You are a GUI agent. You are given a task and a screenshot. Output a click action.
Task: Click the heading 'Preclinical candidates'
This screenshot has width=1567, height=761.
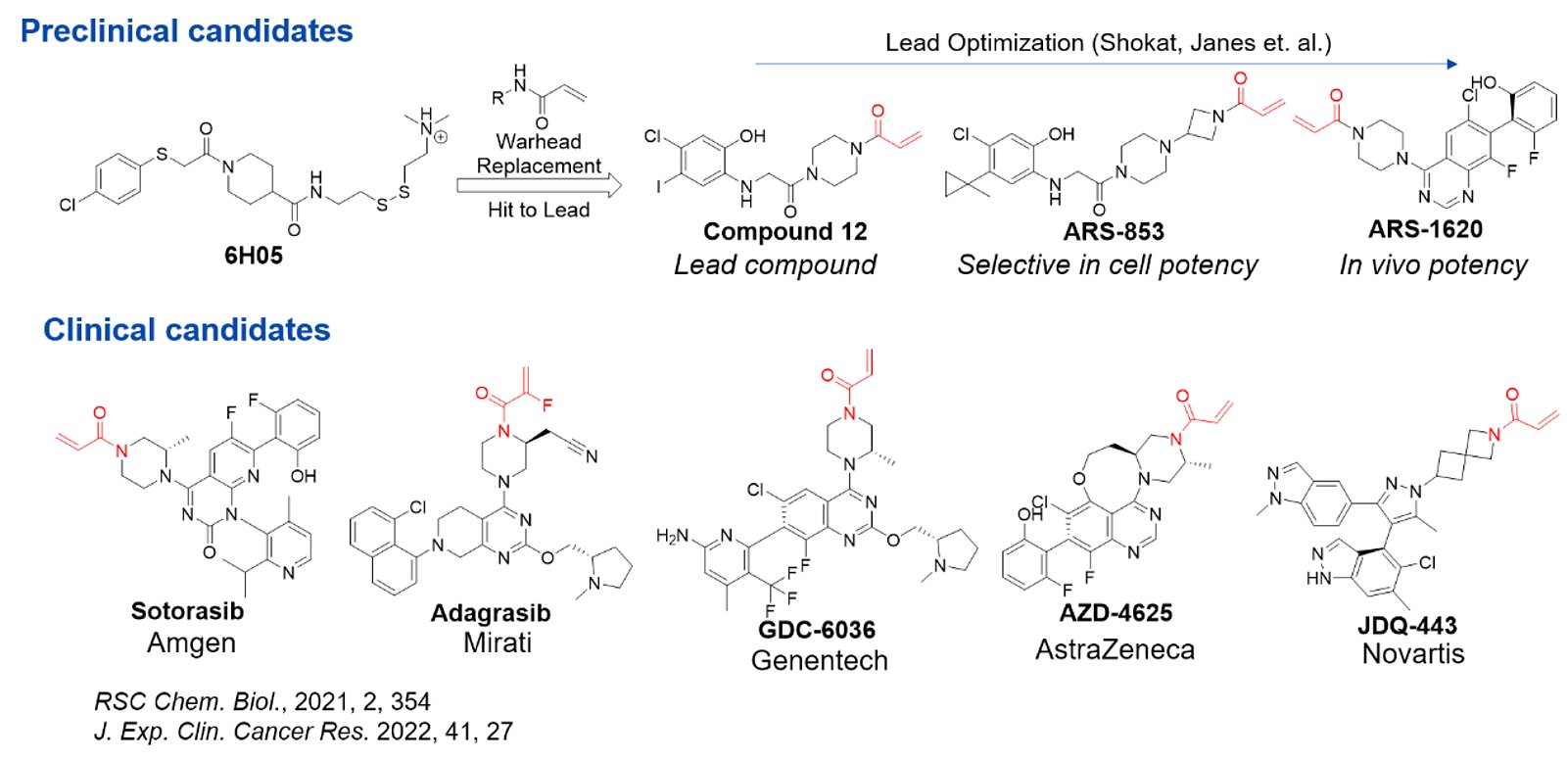[186, 31]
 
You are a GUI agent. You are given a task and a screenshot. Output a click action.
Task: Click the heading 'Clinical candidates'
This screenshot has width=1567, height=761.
[186, 330]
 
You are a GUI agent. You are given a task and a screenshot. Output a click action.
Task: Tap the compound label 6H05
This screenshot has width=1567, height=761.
[253, 256]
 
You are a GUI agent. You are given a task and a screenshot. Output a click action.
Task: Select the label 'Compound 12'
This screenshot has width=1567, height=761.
[784, 232]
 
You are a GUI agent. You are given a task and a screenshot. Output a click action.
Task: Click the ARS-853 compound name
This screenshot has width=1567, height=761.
[1114, 232]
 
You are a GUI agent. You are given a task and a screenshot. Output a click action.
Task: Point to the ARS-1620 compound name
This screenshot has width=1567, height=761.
[1425, 229]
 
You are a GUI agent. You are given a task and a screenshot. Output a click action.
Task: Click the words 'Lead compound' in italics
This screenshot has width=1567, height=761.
[775, 265]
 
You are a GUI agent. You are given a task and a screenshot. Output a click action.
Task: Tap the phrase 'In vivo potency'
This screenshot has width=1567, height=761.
[1433, 265]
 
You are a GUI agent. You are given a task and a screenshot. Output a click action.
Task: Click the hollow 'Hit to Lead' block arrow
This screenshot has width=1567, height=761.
[539, 186]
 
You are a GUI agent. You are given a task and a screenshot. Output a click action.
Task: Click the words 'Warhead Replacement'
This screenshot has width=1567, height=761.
[539, 154]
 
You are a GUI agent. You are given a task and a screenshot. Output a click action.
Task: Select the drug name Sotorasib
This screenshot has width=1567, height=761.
[187, 611]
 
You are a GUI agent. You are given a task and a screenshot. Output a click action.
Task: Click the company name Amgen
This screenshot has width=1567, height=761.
[191, 643]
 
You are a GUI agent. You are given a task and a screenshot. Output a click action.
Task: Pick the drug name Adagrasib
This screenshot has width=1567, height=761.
[491, 613]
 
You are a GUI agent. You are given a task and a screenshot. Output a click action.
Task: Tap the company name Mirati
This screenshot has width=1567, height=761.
[498, 643]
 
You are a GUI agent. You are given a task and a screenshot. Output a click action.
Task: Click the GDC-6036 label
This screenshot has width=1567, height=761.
[817, 630]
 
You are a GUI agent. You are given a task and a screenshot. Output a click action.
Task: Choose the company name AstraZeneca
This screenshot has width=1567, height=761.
[1115, 649]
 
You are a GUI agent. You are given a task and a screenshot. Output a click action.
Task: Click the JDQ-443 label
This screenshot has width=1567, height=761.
[1406, 626]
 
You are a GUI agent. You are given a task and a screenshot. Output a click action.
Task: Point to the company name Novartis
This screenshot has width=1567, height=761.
[1412, 654]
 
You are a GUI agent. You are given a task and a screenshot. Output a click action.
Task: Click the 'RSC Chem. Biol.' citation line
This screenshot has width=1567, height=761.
[261, 701]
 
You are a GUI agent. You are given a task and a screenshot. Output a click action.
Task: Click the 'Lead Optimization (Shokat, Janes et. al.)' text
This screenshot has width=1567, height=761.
[1108, 43]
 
